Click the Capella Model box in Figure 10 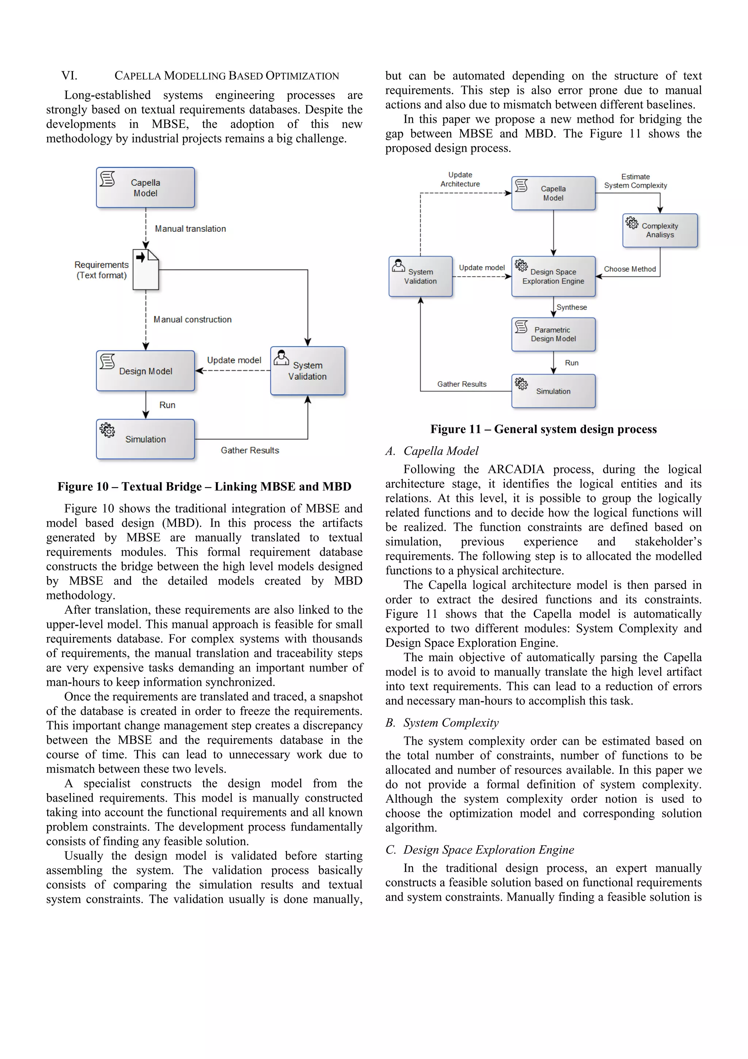coord(145,188)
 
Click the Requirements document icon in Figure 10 coord(146,269)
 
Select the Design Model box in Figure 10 coord(145,371)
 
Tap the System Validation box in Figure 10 coord(308,371)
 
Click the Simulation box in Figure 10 coord(145,439)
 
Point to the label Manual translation coord(190,229)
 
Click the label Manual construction coord(192,319)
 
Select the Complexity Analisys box coord(660,230)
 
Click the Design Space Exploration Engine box coord(553,276)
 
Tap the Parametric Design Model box coord(553,334)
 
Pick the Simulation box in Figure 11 coord(553,391)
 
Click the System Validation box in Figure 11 coord(420,276)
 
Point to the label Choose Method coord(630,269)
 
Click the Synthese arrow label coord(572,307)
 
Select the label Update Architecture coord(460,179)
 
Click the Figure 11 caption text coord(543,429)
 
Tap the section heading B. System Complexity coord(442,722)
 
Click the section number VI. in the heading coord(69,76)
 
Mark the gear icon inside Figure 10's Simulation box coord(107,430)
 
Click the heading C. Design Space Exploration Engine coord(479,850)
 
